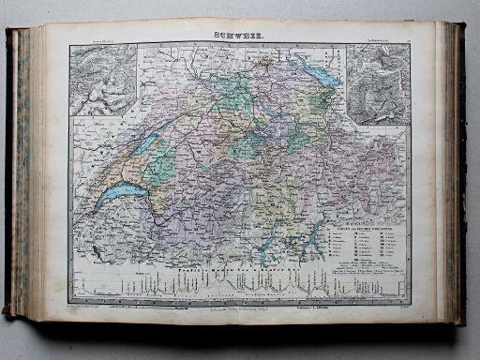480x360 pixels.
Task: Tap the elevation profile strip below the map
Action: pyautogui.click(x=239, y=280)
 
